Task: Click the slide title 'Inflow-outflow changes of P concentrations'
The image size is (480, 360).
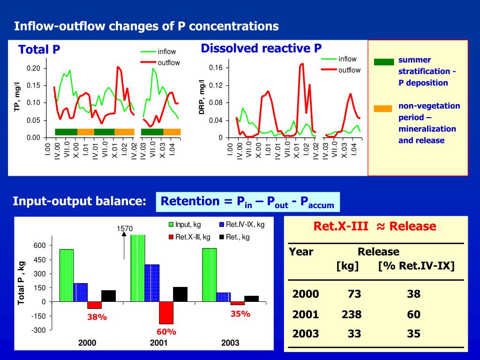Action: [146, 26]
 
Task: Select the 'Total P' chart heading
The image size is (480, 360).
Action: [39, 49]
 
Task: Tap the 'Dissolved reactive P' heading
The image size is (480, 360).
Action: [261, 48]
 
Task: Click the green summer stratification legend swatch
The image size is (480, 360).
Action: [383, 62]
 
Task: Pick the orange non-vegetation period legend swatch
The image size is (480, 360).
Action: [383, 109]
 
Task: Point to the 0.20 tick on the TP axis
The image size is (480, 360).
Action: [33, 68]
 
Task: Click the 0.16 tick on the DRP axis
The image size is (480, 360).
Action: [216, 68]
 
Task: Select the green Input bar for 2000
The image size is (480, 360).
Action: [67, 275]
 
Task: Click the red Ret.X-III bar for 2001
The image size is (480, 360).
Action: [166, 313]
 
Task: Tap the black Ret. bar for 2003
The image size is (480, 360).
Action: [251, 299]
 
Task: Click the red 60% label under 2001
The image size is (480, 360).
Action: [166, 332]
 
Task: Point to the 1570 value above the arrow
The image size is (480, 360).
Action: [125, 229]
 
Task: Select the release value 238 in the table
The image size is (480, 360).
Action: [352, 314]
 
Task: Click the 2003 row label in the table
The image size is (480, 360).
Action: [306, 334]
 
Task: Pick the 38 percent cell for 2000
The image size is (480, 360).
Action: [414, 294]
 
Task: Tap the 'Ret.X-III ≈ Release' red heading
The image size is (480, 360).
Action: [375, 227]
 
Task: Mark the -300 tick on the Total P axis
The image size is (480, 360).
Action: [39, 330]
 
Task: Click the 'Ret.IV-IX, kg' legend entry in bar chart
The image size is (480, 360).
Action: [242, 225]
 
